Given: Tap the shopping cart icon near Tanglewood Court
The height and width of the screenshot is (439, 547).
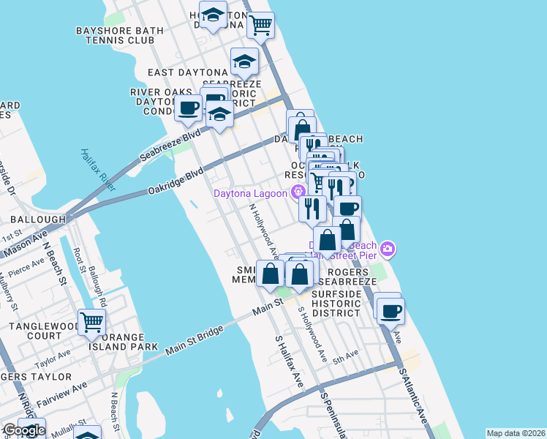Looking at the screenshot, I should click(x=92, y=322).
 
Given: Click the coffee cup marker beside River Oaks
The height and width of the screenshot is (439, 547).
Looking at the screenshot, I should click(x=189, y=110).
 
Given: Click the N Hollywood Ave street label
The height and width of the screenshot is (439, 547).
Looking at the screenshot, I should click(x=264, y=231).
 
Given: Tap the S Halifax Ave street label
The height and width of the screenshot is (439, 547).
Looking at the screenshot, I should click(x=289, y=361).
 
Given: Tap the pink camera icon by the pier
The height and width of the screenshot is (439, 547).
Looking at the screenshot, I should click(x=388, y=249).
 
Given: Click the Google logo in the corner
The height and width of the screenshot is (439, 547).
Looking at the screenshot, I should click(x=23, y=430).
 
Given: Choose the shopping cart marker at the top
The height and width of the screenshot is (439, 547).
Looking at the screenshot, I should click(x=260, y=26).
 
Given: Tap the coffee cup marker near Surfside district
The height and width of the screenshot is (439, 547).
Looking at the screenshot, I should click(x=390, y=310).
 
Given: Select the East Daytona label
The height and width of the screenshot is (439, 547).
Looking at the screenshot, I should click(x=188, y=72).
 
